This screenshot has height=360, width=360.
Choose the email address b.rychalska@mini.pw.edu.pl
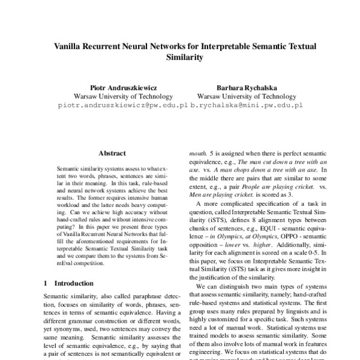(x=247, y=104)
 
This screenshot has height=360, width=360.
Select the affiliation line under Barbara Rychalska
(x=247, y=95)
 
